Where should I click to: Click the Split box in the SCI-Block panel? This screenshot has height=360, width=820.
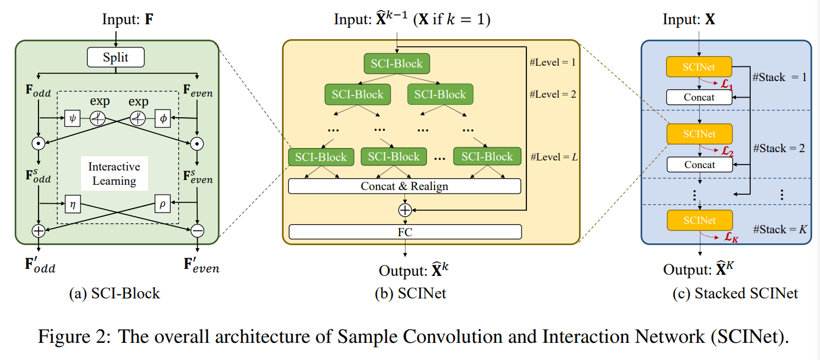point(115,57)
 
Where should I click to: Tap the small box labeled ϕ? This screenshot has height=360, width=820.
point(163,118)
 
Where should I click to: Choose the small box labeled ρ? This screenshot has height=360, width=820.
point(163,204)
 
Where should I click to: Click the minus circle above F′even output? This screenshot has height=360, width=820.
point(197,232)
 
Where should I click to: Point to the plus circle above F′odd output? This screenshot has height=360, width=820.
point(38,232)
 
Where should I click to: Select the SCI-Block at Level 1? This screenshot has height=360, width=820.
point(397,63)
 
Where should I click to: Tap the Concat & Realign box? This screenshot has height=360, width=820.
point(404,186)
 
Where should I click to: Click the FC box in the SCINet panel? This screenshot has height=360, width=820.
point(404,232)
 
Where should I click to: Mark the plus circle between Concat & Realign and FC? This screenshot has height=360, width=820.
point(405,210)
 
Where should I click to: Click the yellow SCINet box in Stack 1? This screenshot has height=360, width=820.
point(699,67)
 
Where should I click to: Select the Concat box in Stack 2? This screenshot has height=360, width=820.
point(699,165)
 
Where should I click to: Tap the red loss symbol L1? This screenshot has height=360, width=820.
point(725,87)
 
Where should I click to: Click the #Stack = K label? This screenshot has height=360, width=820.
point(779,229)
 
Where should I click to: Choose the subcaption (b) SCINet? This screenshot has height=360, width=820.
point(410,293)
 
